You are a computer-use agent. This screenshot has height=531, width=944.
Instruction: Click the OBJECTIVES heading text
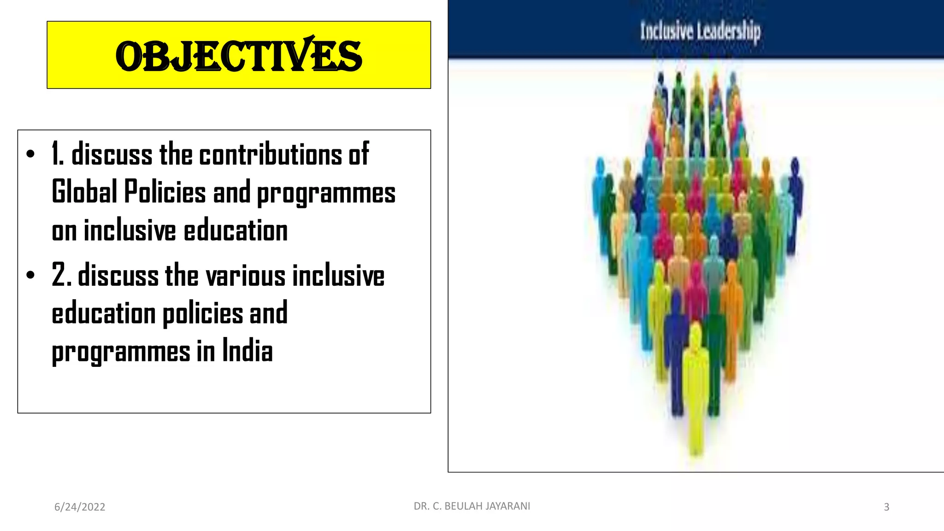tap(238, 56)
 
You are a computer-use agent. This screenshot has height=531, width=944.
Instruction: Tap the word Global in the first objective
tap(84, 192)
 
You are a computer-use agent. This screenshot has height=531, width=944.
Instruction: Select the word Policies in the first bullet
tap(165, 192)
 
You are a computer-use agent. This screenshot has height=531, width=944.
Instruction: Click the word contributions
tap(270, 154)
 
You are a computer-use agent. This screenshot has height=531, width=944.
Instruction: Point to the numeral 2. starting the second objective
tap(61, 275)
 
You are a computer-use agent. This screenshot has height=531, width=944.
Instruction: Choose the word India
tap(248, 351)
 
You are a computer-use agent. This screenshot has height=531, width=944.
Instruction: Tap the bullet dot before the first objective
tap(30, 154)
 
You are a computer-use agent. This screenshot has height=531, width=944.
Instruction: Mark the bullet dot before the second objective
tap(30, 276)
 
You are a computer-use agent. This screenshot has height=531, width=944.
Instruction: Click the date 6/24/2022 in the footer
tap(80, 507)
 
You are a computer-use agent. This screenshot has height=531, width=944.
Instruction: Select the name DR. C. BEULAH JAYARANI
tap(472, 506)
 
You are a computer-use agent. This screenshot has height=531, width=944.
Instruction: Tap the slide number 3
tap(886, 507)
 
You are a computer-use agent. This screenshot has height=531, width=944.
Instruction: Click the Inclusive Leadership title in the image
tap(700, 31)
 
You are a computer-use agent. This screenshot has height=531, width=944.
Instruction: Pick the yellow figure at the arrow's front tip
tap(695, 392)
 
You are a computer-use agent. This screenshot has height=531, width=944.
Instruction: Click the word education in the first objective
tap(236, 230)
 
